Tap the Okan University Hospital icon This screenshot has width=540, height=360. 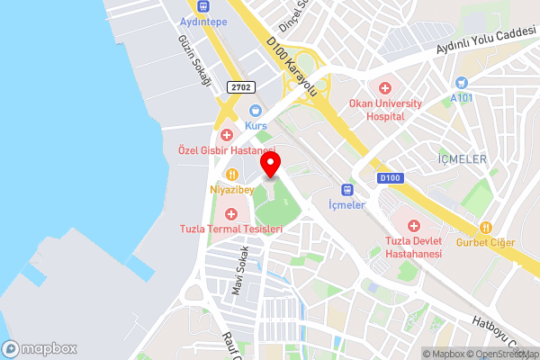click(x=385, y=87)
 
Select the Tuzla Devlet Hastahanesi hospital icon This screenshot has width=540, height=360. click(x=414, y=225)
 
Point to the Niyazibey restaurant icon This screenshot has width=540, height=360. click(x=232, y=174)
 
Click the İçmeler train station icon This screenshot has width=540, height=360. click(x=347, y=189)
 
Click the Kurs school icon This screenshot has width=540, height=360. click(x=256, y=111)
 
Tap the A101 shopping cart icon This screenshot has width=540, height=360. click(x=462, y=82)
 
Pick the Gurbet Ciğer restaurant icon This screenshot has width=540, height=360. click(x=486, y=227)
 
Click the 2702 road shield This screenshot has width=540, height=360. click(x=240, y=86)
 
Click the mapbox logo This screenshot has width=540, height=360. click(x=40, y=348)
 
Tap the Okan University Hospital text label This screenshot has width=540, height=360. click(x=386, y=110)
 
